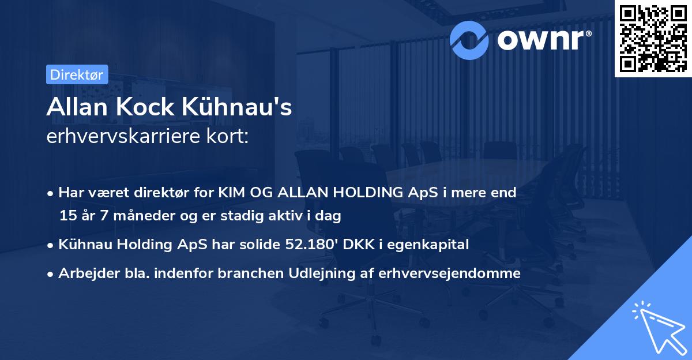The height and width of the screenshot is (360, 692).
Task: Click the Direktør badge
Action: [77, 74]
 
